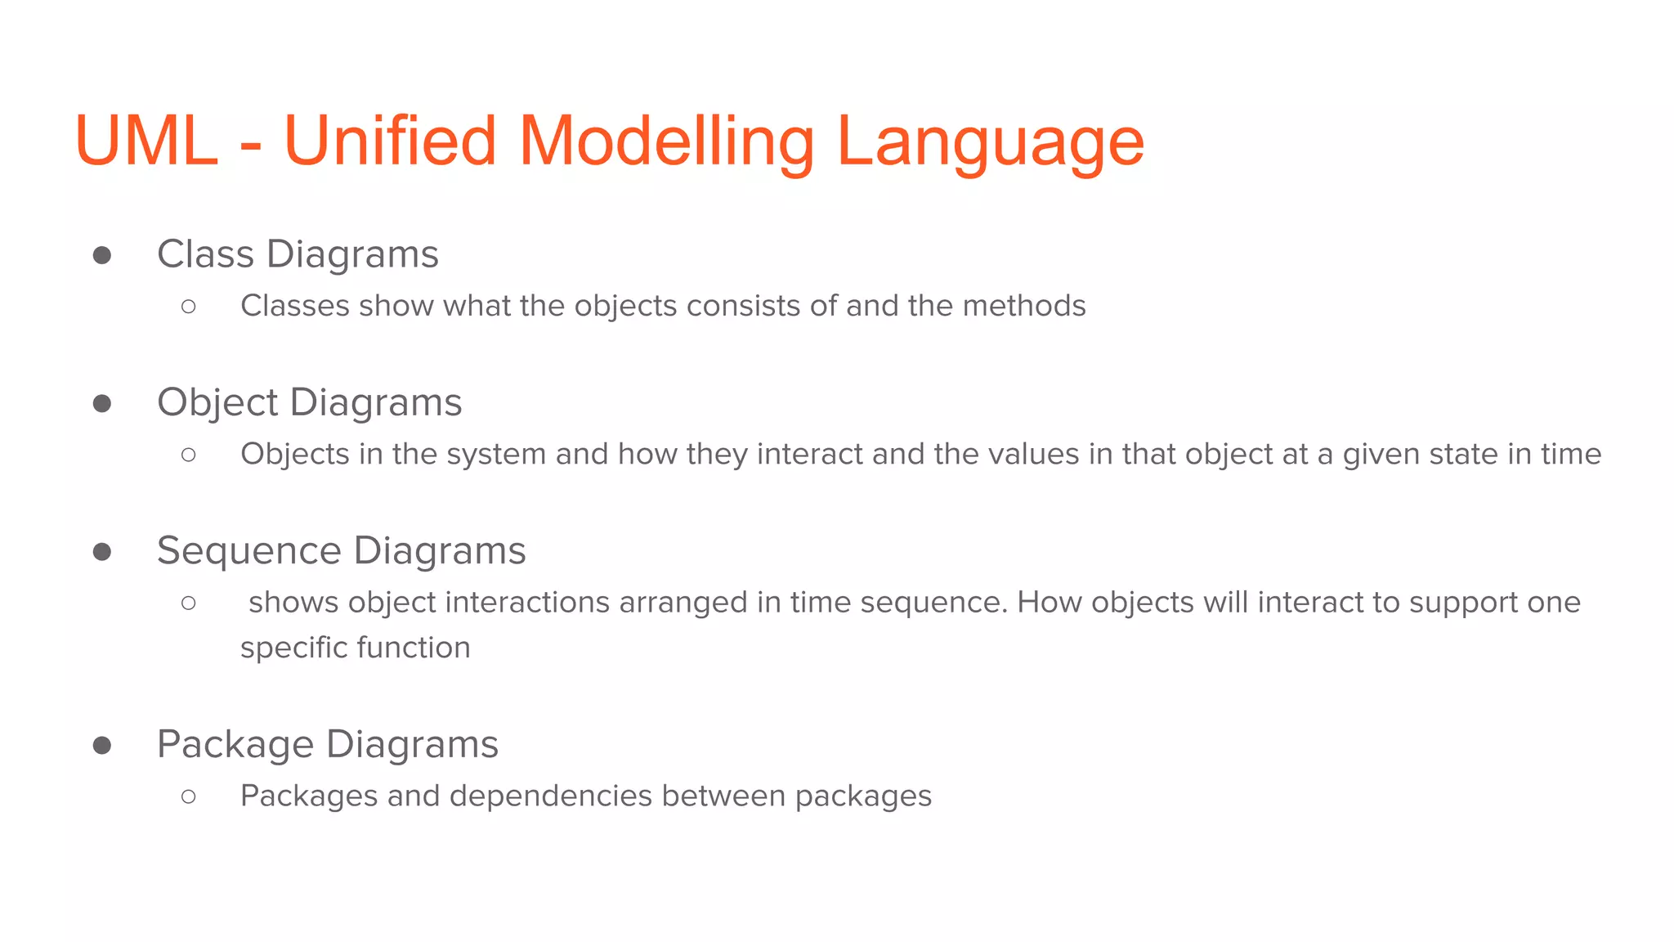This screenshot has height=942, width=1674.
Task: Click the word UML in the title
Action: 146,141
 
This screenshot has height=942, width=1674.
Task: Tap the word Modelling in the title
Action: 666,141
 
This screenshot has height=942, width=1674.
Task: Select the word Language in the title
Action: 990,141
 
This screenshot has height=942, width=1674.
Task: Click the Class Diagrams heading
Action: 298,253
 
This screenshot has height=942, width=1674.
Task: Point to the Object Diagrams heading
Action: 309,402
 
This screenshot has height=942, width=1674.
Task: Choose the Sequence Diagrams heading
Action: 341,550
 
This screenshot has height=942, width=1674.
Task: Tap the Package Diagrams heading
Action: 327,744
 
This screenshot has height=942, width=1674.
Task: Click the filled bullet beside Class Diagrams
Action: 102,256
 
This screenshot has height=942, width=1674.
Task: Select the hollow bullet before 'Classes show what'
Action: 189,307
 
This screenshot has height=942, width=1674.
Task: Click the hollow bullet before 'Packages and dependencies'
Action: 189,796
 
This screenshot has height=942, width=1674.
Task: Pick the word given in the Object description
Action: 1381,455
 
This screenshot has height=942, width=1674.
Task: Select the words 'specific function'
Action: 355,648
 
